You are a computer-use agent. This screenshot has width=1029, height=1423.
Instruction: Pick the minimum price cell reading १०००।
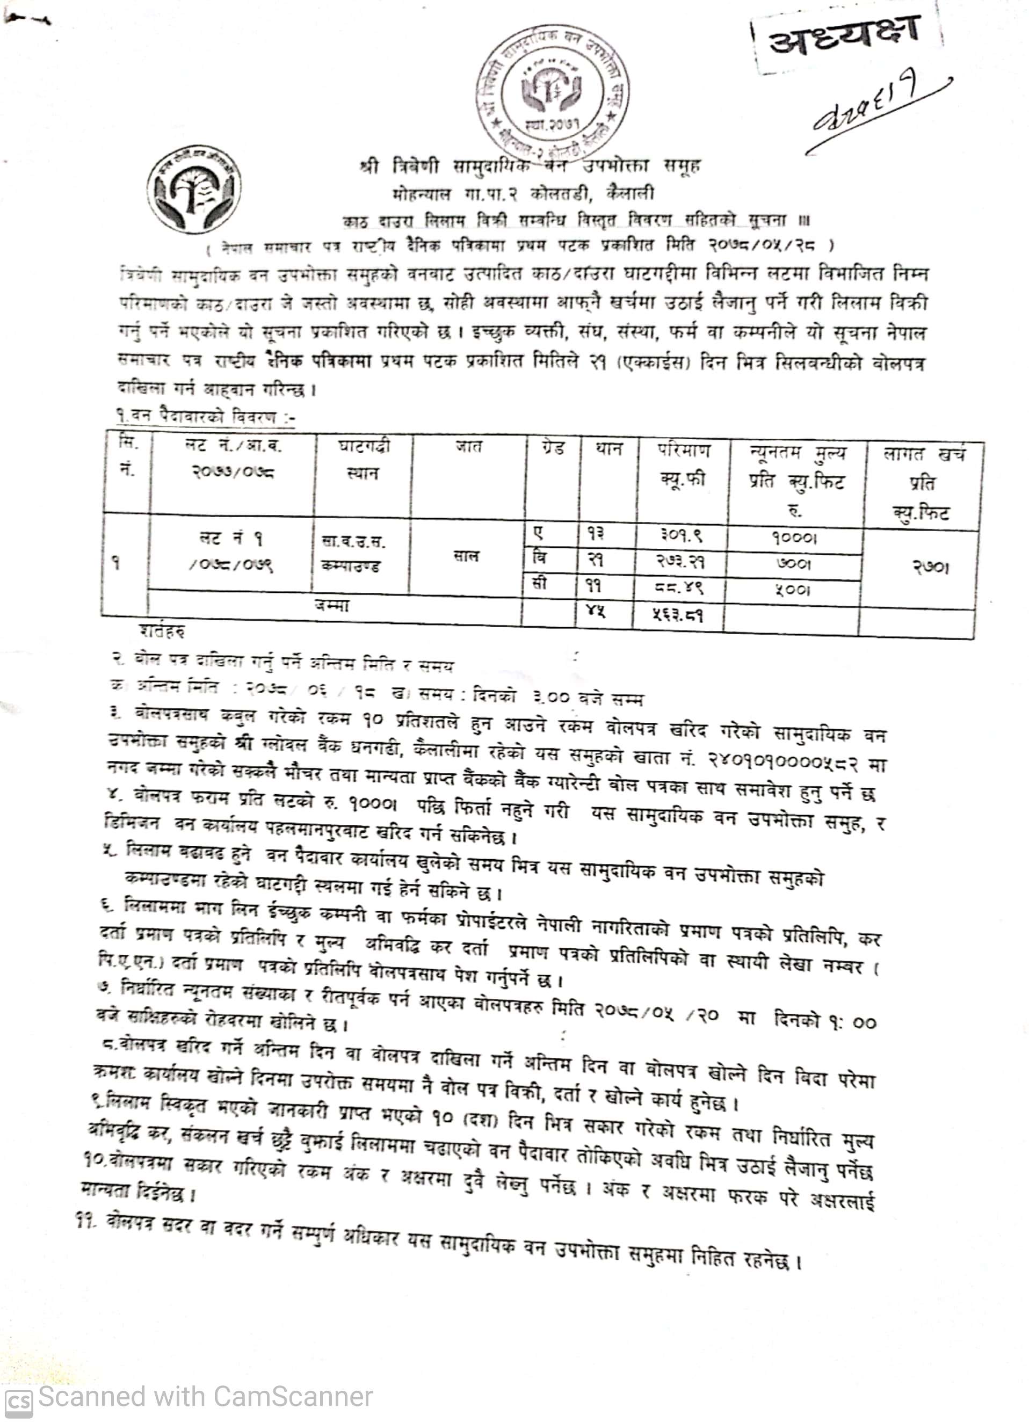[794, 539]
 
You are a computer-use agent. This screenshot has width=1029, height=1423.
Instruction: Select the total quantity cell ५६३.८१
[678, 615]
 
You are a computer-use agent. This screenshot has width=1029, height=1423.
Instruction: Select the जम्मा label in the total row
[332, 606]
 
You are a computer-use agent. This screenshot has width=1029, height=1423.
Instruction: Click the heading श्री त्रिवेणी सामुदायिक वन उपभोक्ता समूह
[530, 167]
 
